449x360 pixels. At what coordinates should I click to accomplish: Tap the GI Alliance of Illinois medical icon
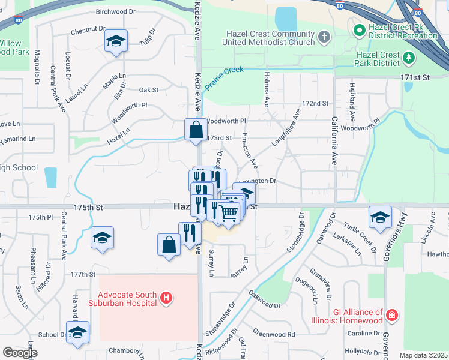tap(392, 314)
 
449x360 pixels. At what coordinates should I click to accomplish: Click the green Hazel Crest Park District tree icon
tap(409, 58)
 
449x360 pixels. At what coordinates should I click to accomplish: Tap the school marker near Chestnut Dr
tap(116, 41)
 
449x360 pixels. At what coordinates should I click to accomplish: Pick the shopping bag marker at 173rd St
tap(196, 130)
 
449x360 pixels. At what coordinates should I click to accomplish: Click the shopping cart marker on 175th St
tap(228, 213)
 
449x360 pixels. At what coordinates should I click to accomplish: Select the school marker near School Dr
tap(77, 332)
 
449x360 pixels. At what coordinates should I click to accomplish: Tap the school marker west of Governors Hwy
tap(379, 218)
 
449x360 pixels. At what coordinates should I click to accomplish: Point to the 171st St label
tap(416, 78)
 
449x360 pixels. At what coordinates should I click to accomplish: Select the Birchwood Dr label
tap(116, 11)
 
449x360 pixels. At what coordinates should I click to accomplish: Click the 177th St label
tap(83, 274)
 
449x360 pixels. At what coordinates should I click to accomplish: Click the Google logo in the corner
tap(20, 353)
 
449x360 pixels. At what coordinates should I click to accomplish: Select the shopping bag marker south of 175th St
tap(169, 245)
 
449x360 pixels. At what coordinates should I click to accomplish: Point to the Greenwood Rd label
tap(274, 334)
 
